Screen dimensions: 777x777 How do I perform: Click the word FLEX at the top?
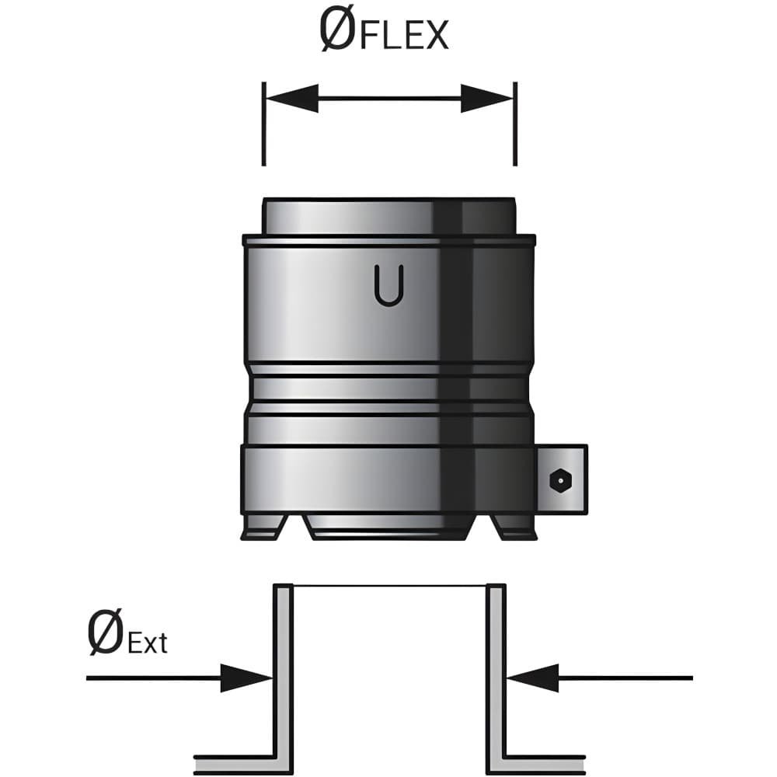[404, 35]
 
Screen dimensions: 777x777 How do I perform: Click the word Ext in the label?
[148, 643]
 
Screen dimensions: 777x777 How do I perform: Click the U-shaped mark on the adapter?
[389, 285]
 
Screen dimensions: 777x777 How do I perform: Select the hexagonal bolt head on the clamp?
[560, 479]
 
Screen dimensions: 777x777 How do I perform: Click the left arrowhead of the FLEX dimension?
[292, 99]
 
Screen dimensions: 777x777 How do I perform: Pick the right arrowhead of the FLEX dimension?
[486, 99]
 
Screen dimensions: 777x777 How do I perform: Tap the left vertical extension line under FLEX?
[263, 124]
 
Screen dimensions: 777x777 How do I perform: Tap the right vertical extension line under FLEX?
[515, 124]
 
